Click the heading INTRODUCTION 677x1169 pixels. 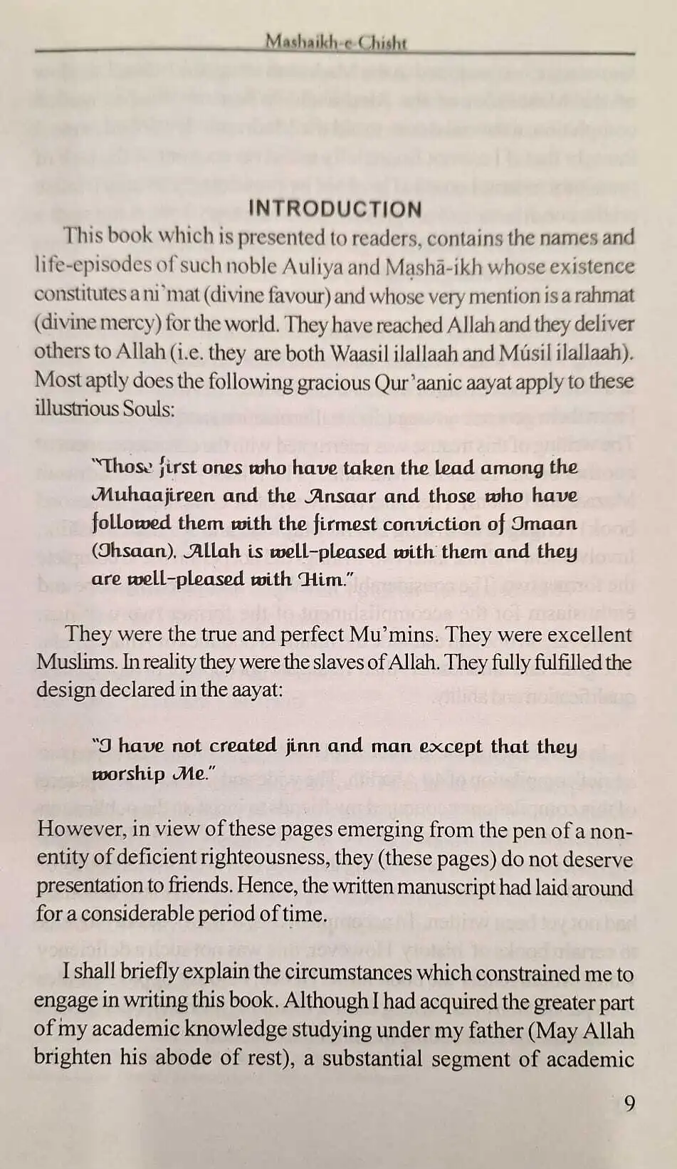point(335,209)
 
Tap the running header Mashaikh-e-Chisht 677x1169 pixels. point(336,42)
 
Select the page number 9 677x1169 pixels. point(629,1103)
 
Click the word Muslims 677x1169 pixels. point(77,662)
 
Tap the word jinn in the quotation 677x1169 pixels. point(303,746)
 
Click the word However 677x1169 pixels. point(83,829)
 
